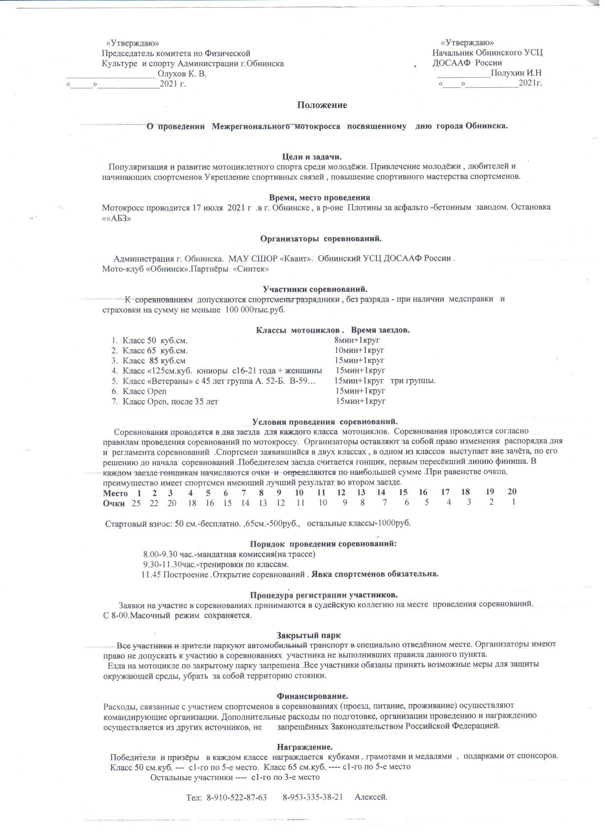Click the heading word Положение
pos(322,105)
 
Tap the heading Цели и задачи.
pos(311,157)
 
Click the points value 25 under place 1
pos(136,503)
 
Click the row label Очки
pos(114,503)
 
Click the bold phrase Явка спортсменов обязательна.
pos(375,574)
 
